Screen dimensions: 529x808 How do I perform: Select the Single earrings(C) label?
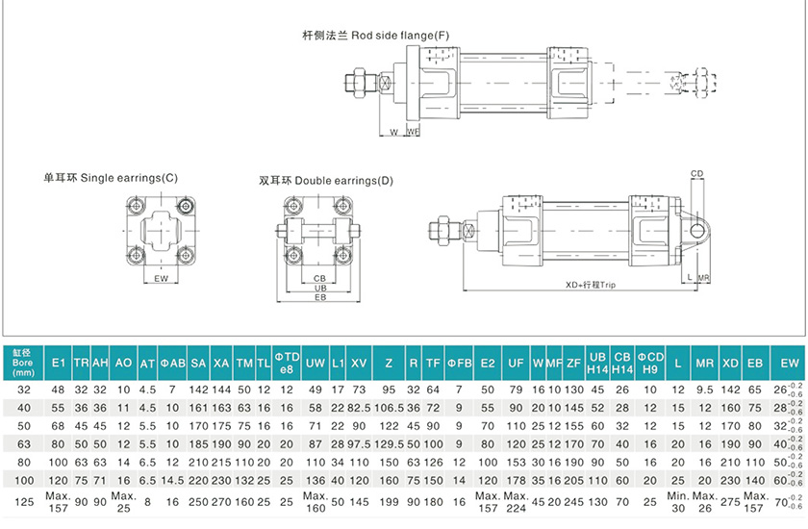tap(111, 178)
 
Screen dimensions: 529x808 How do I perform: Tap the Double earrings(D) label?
tap(326, 180)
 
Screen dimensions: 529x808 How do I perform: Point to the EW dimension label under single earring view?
tap(161, 279)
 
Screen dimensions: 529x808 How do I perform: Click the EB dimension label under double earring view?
tap(319, 298)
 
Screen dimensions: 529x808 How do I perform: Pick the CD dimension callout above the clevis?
tap(697, 174)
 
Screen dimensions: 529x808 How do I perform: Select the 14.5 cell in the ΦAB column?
tap(172, 480)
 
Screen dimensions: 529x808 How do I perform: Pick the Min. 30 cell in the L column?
tap(679, 502)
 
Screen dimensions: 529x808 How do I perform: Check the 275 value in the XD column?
tap(730, 502)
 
